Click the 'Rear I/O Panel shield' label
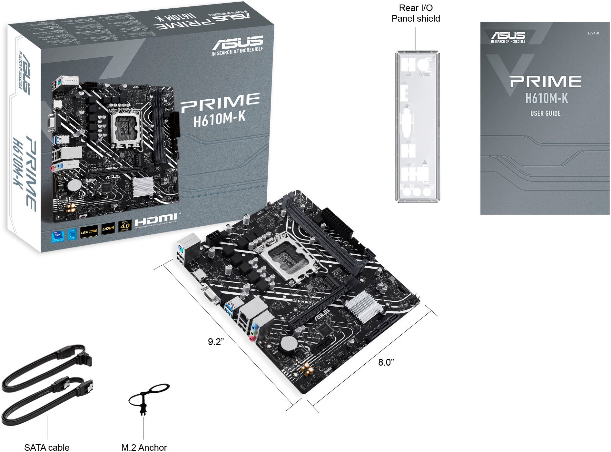pyautogui.click(x=416, y=13)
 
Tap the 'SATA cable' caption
pyautogui.click(x=47, y=447)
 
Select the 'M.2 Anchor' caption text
pyautogui.click(x=144, y=447)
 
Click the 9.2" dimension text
pyautogui.click(x=216, y=342)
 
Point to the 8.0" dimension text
pyautogui.click(x=386, y=362)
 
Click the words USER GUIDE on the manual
pyautogui.click(x=545, y=113)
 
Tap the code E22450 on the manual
pyautogui.click(x=593, y=33)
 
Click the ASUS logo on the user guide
pyautogui.click(x=508, y=35)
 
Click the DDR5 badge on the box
pyautogui.click(x=108, y=228)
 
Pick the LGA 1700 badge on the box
pyautogui.click(x=89, y=231)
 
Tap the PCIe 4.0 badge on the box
pyautogui.click(x=125, y=226)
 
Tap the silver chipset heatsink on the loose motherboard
pyautogui.click(x=363, y=307)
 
